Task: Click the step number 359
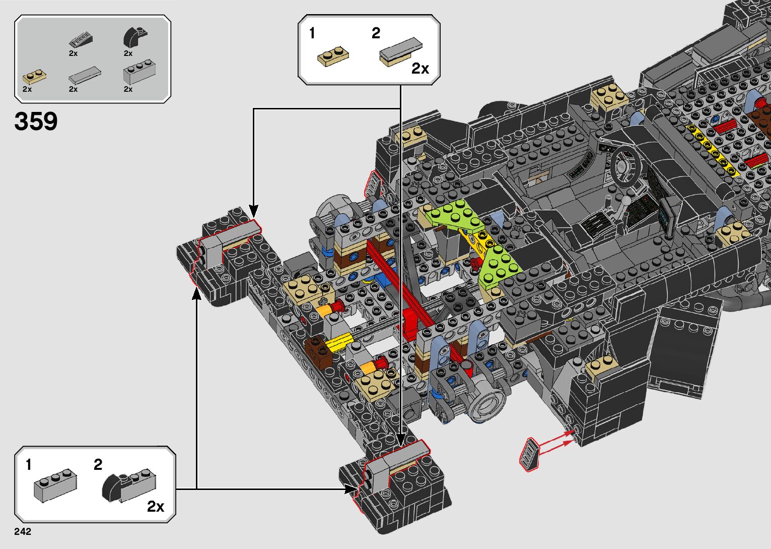(x=36, y=121)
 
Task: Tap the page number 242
(x=23, y=531)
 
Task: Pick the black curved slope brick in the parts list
(x=134, y=37)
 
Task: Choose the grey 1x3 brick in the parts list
(x=139, y=72)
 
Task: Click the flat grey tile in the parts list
(x=85, y=76)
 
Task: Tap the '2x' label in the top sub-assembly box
(x=420, y=69)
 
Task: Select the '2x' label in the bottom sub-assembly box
(x=156, y=506)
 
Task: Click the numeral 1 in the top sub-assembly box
(x=312, y=33)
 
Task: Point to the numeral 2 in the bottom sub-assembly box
(x=98, y=464)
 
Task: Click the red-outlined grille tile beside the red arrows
(x=529, y=454)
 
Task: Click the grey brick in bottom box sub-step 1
(x=55, y=485)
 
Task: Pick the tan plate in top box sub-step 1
(x=333, y=57)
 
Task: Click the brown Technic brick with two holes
(x=319, y=351)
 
